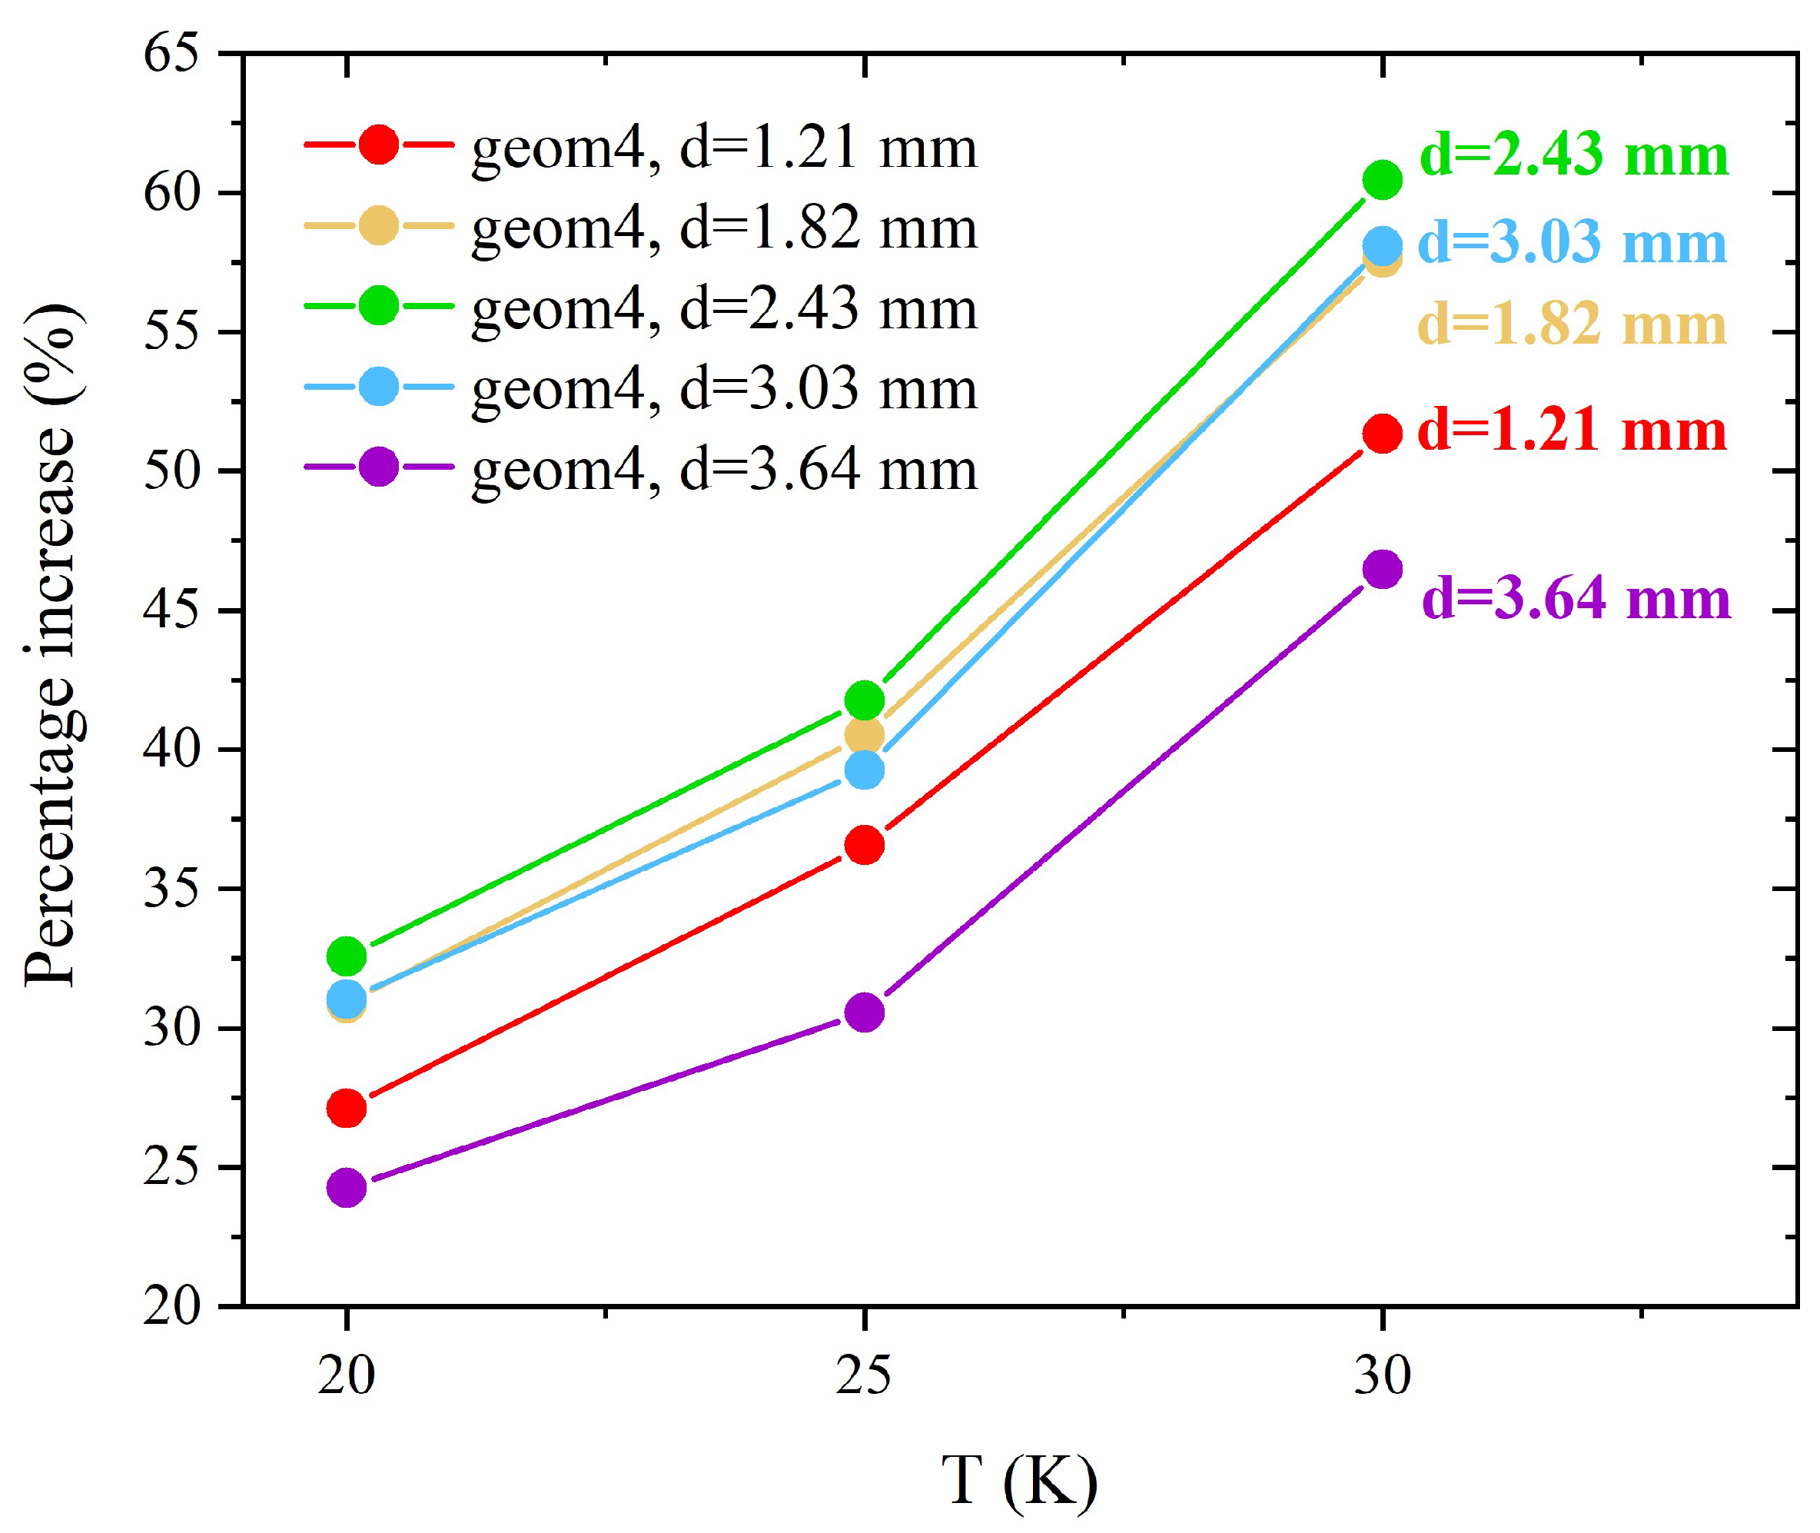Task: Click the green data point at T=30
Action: (x=1381, y=180)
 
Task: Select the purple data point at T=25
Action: (x=865, y=1013)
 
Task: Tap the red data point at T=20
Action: (x=347, y=1108)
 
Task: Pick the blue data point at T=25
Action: (x=865, y=770)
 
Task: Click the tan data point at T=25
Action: (x=865, y=734)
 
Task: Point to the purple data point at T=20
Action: (x=347, y=1188)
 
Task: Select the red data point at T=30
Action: (x=1381, y=434)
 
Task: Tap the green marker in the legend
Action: (x=379, y=306)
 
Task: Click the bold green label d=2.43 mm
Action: (x=1573, y=155)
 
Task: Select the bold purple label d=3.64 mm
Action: (x=1576, y=599)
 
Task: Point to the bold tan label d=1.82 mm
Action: (x=1572, y=324)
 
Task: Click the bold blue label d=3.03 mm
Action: (x=1572, y=242)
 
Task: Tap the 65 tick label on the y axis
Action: (x=171, y=54)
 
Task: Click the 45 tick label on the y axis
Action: (x=171, y=611)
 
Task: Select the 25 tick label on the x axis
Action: (x=864, y=1375)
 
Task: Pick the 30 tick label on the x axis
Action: (x=1382, y=1375)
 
